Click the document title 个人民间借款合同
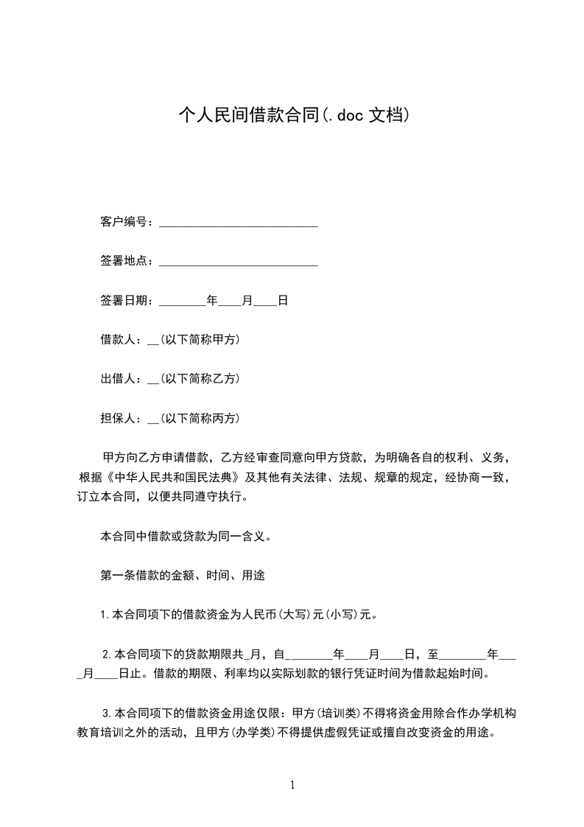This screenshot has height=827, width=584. [249, 115]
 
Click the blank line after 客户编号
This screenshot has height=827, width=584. [239, 223]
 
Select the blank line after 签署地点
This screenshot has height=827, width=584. [239, 262]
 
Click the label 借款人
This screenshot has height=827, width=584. [118, 340]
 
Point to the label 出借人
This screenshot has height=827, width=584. [118, 379]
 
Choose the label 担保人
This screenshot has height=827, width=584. [118, 418]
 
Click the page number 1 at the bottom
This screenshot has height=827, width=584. [292, 785]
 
